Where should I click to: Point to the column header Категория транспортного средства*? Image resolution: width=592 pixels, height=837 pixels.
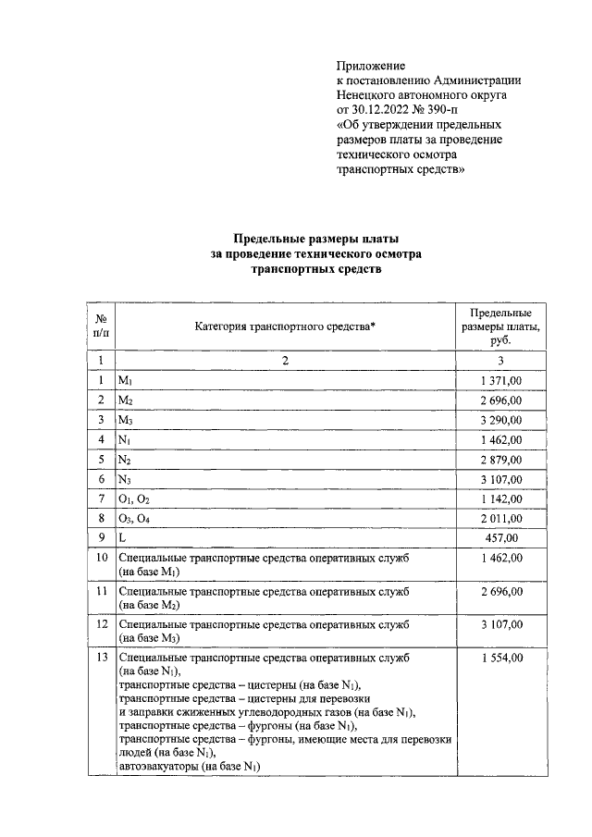(286, 326)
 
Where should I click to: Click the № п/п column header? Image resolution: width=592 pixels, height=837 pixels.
(100, 326)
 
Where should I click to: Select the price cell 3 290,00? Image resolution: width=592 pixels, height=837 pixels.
(501, 420)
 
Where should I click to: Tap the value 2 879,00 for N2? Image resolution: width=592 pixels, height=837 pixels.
(501, 460)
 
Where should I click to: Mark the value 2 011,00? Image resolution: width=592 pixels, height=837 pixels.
(501, 518)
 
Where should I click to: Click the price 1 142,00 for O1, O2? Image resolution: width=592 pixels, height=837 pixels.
(501, 499)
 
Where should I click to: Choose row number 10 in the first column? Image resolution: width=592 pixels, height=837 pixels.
(100, 558)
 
